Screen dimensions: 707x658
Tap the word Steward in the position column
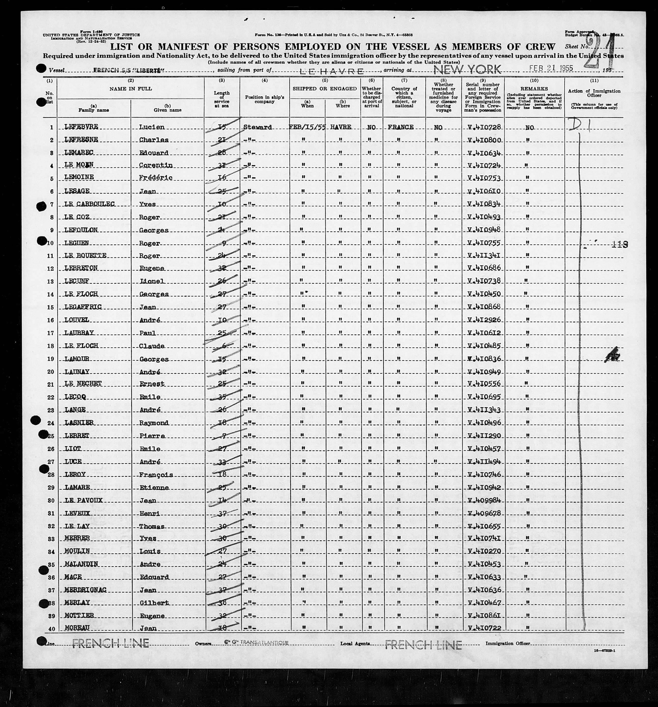(x=258, y=127)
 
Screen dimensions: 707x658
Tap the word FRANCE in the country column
(x=400, y=127)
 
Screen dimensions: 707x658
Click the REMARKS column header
(x=534, y=89)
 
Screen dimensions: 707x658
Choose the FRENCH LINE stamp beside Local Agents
(x=423, y=644)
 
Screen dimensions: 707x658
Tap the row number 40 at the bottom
(x=51, y=629)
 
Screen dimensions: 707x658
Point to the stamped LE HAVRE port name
(x=332, y=71)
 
